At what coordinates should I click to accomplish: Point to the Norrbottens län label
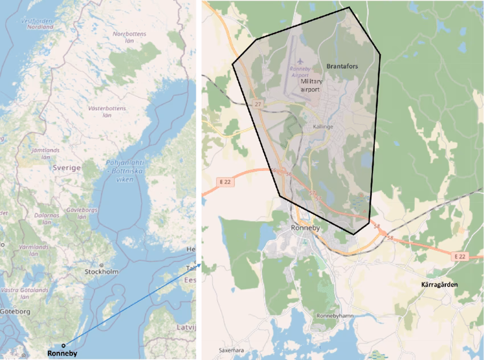[x=129, y=38]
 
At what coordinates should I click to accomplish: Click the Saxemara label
[x=232, y=350]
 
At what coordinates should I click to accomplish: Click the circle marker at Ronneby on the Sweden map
[x=64, y=345]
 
